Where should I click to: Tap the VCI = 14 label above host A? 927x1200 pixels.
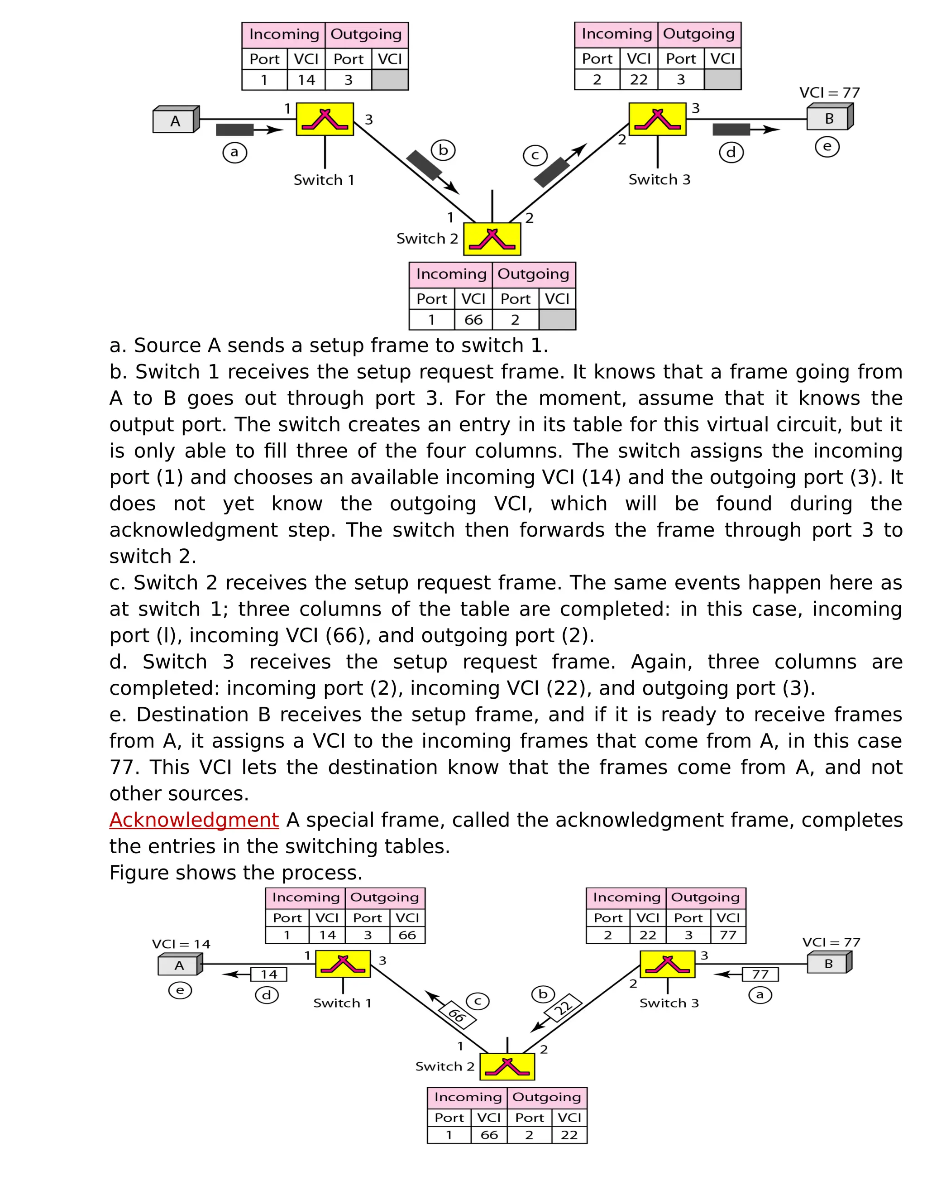click(x=181, y=944)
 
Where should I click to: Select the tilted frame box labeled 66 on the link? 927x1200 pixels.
click(x=456, y=1015)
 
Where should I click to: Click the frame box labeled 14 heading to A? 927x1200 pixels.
click(x=268, y=974)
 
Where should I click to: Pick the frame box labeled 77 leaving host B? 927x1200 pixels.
click(x=760, y=974)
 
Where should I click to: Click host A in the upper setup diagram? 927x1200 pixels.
click(x=175, y=120)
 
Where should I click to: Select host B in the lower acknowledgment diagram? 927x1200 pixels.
click(x=829, y=963)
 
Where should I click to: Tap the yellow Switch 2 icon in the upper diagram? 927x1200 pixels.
click(x=492, y=239)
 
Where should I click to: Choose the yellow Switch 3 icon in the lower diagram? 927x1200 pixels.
click(x=667, y=964)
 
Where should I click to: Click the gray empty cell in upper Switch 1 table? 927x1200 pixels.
click(x=390, y=80)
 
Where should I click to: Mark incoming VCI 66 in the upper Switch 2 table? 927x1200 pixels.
click(x=473, y=320)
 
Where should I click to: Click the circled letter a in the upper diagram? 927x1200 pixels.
click(x=234, y=152)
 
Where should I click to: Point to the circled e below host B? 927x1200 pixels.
click(x=827, y=147)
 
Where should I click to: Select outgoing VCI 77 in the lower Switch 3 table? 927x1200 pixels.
click(x=728, y=935)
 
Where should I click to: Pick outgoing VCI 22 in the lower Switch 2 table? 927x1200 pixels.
click(x=569, y=1135)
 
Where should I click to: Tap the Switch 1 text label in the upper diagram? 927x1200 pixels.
click(x=324, y=180)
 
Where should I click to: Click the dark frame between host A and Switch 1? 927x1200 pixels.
click(x=235, y=130)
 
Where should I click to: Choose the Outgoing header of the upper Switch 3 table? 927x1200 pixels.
click(x=698, y=34)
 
